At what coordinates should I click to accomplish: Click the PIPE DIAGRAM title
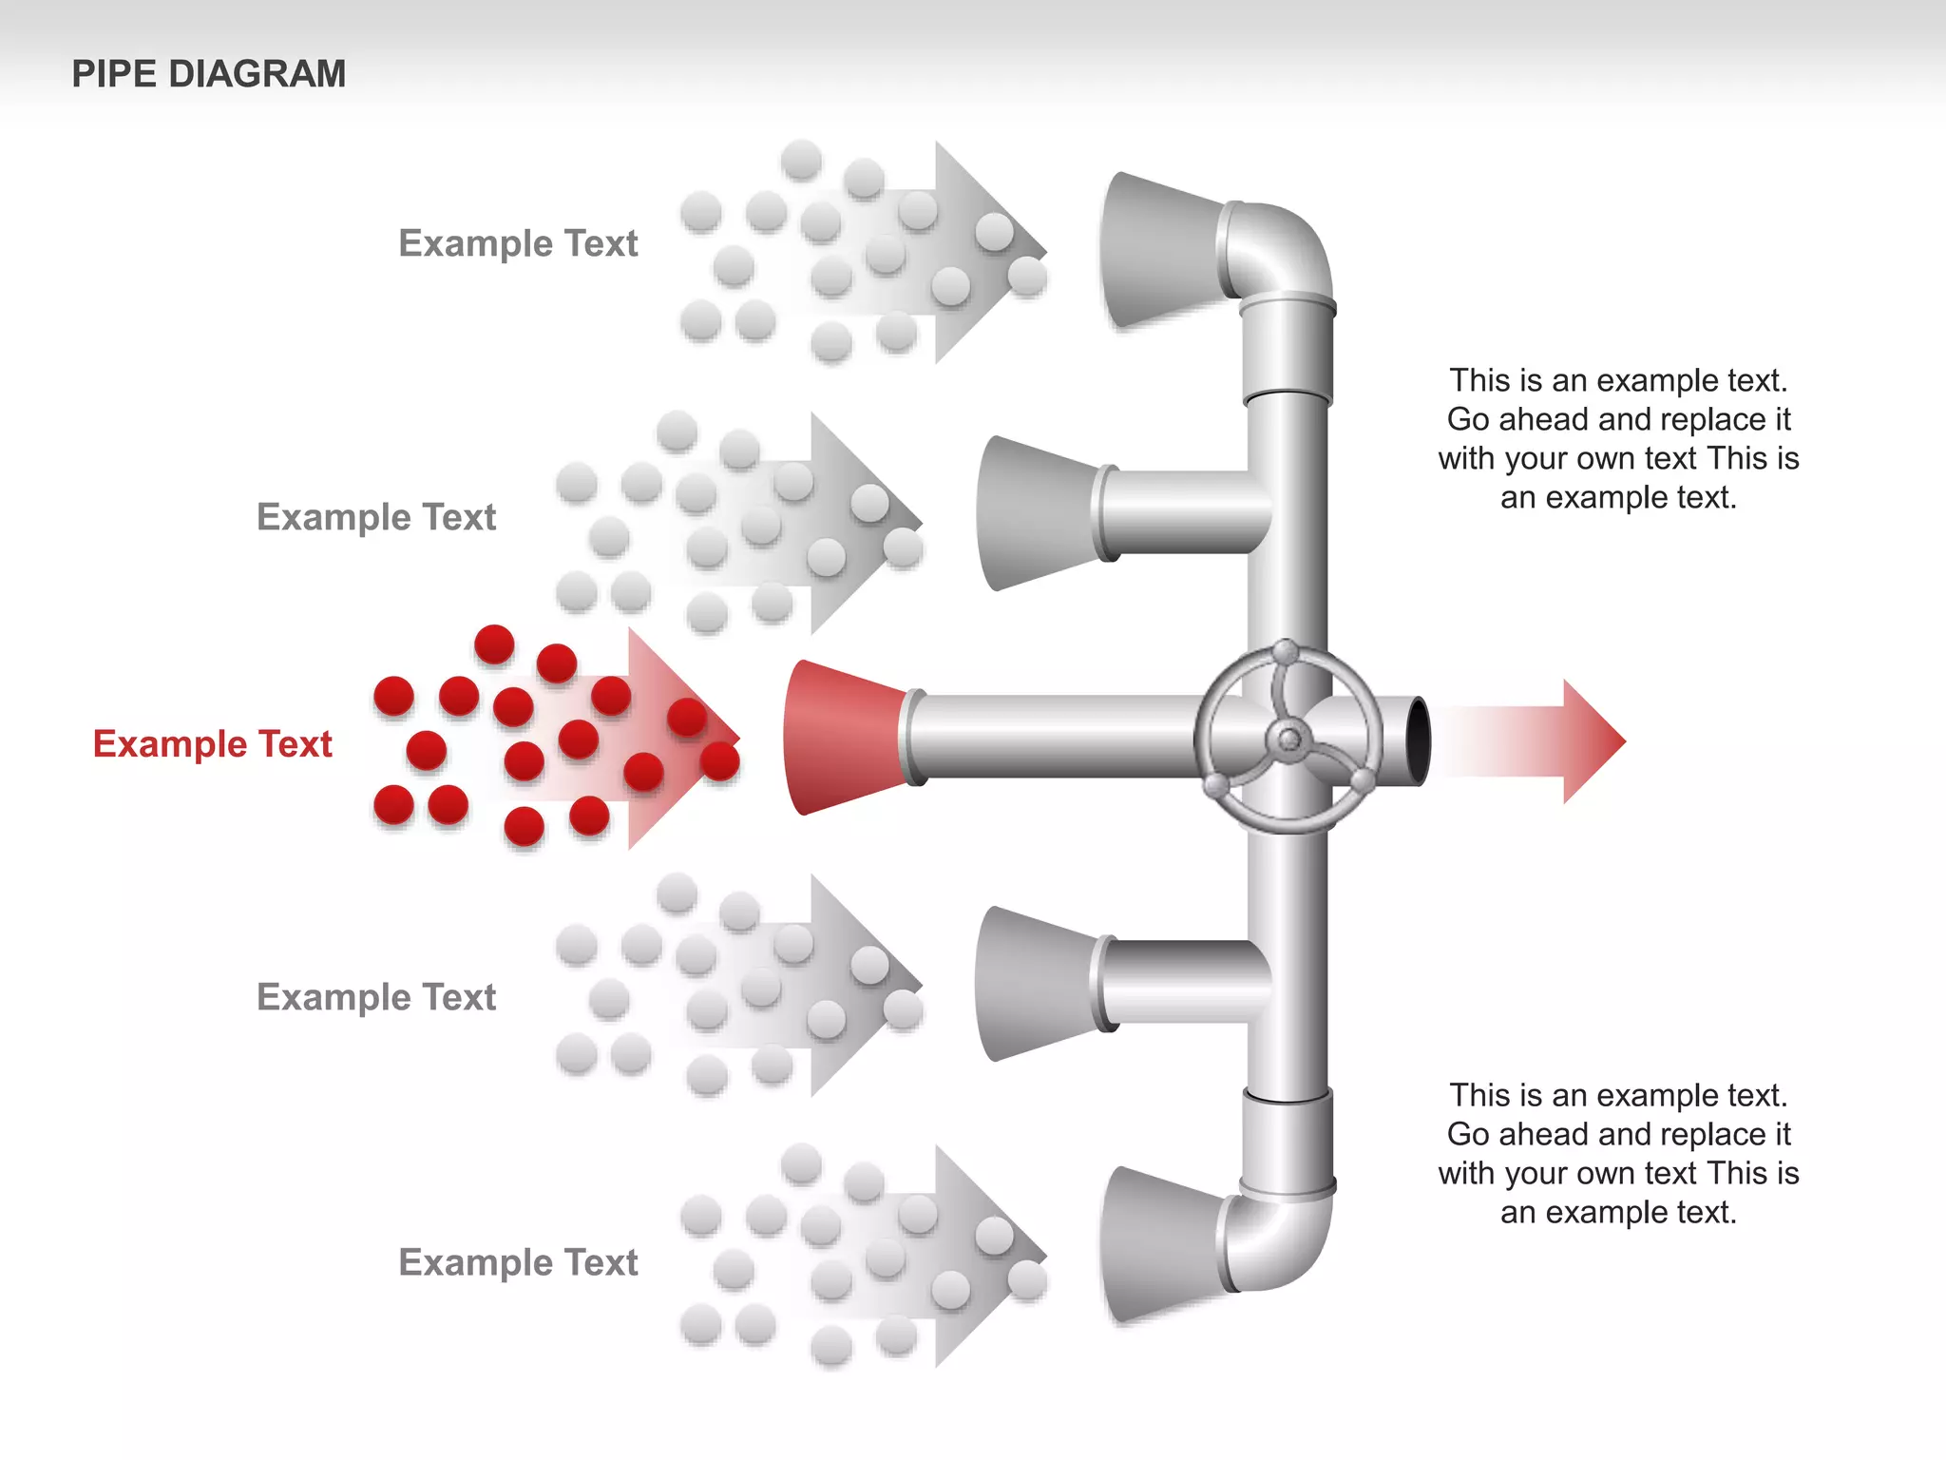208,74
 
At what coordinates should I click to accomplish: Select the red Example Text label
212,743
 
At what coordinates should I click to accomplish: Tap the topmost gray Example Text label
518,243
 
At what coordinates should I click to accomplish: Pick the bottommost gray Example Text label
518,1262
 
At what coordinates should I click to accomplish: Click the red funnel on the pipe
841,738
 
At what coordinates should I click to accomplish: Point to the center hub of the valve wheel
1289,739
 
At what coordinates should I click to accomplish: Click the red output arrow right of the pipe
1558,741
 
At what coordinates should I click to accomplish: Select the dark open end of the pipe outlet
1417,740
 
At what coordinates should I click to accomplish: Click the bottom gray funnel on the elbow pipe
1159,1245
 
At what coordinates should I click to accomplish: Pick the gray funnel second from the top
1036,513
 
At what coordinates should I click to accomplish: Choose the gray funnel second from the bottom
1036,984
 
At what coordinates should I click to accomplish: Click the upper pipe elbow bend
1283,247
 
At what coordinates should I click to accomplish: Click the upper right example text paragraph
1618,438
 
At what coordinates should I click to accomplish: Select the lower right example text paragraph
1618,1153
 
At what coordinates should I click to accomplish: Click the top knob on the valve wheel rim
1285,652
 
